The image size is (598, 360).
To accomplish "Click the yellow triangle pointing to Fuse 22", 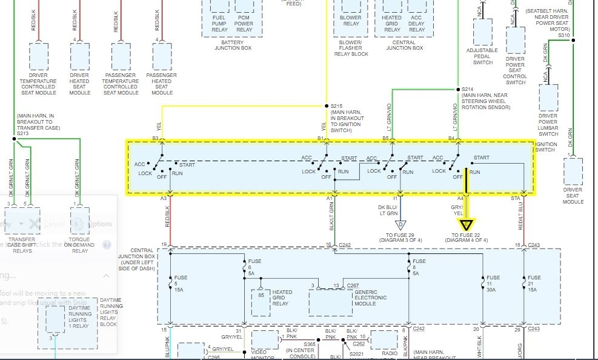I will (468, 225).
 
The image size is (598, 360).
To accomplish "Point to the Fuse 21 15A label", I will (533, 283).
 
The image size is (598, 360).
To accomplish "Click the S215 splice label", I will (336, 105).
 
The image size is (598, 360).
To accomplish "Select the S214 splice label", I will (468, 88).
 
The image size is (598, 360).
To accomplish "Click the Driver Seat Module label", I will (573, 196).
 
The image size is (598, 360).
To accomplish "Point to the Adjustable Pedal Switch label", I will (483, 56).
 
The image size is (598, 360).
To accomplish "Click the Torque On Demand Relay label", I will (80, 245).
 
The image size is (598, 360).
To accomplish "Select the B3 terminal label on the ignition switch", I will (155, 139).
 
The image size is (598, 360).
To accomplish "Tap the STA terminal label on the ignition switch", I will (515, 198).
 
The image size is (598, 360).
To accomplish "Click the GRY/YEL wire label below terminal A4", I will (457, 210).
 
